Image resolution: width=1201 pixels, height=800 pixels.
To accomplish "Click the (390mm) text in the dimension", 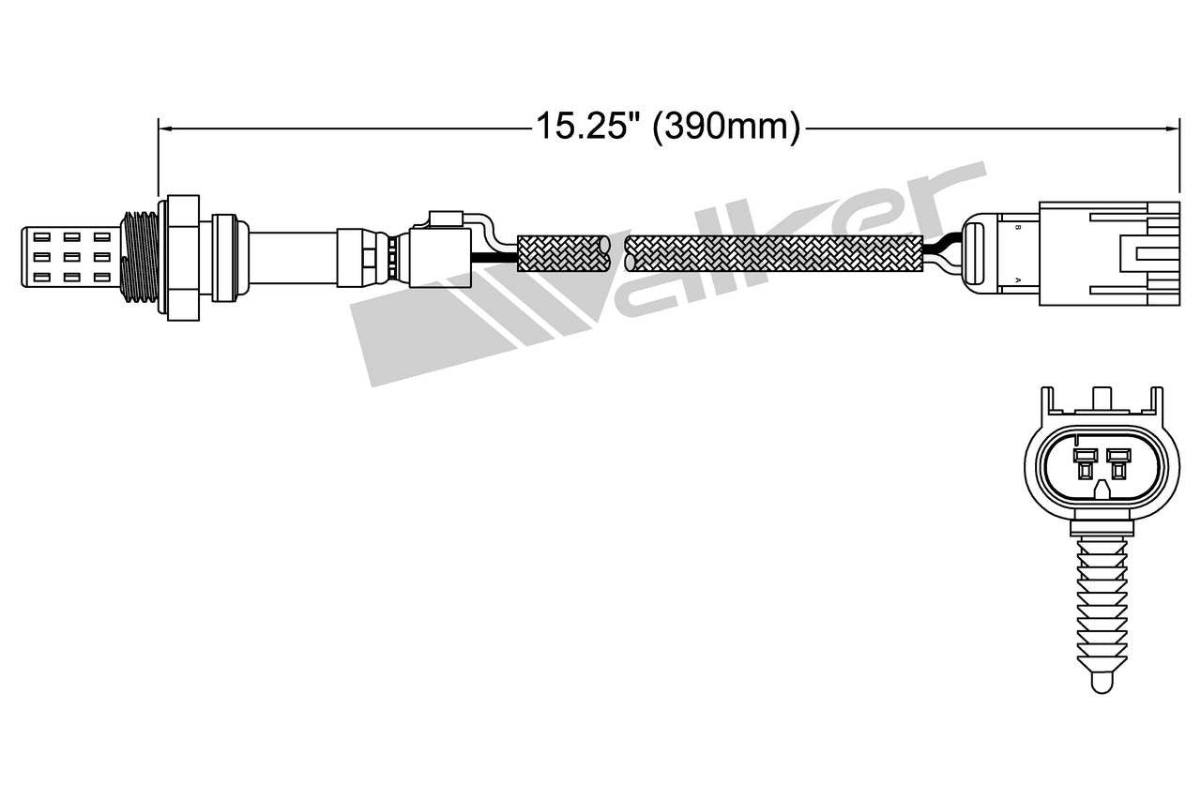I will tap(726, 127).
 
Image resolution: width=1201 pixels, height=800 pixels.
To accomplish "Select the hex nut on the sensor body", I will tap(183, 256).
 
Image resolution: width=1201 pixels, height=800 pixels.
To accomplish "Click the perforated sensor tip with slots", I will tap(70, 255).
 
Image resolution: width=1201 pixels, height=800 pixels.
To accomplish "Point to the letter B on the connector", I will tap(1017, 228).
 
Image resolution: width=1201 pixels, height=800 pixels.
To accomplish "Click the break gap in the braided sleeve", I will tap(612, 253).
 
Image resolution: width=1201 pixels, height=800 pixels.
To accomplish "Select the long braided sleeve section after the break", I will tap(774, 253).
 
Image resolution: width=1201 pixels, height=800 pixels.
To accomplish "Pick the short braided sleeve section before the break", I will tap(558, 253).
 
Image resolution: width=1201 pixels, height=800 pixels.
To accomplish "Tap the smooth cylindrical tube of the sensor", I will tap(291, 255).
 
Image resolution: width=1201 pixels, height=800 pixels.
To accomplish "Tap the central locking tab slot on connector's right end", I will tap(1149, 253).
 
